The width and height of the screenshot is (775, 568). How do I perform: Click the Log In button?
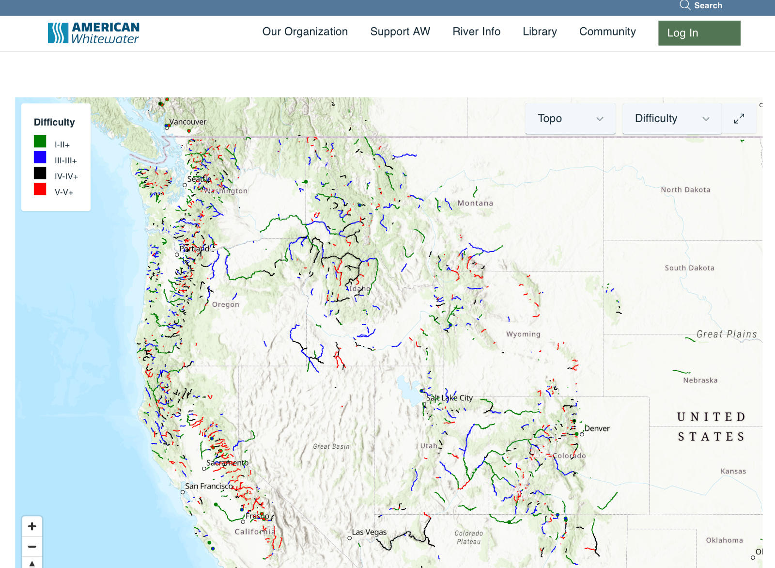click(699, 33)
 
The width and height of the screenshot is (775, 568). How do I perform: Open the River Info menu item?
click(476, 32)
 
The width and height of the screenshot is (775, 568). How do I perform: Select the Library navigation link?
click(540, 32)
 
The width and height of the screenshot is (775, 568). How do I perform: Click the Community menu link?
click(607, 32)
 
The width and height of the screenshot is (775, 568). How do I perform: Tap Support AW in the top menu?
click(400, 32)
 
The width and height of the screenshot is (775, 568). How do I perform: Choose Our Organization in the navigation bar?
click(305, 32)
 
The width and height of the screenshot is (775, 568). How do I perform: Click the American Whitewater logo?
click(93, 33)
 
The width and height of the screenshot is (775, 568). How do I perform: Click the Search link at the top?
click(701, 5)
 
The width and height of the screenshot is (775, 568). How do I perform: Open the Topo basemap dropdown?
click(570, 119)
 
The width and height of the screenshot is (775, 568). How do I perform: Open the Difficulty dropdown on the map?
click(671, 119)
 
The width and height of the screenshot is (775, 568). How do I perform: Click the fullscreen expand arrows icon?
click(739, 119)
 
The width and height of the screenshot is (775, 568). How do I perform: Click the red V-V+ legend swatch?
click(40, 189)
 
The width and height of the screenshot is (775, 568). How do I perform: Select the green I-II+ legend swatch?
click(40, 142)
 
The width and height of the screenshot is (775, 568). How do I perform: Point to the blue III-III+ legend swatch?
click(40, 158)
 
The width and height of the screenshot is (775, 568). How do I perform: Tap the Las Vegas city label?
click(369, 532)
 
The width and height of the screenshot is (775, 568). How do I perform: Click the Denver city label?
click(597, 428)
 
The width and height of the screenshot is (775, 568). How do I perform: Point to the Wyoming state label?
click(523, 334)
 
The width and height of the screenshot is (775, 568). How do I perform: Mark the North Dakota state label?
click(685, 189)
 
